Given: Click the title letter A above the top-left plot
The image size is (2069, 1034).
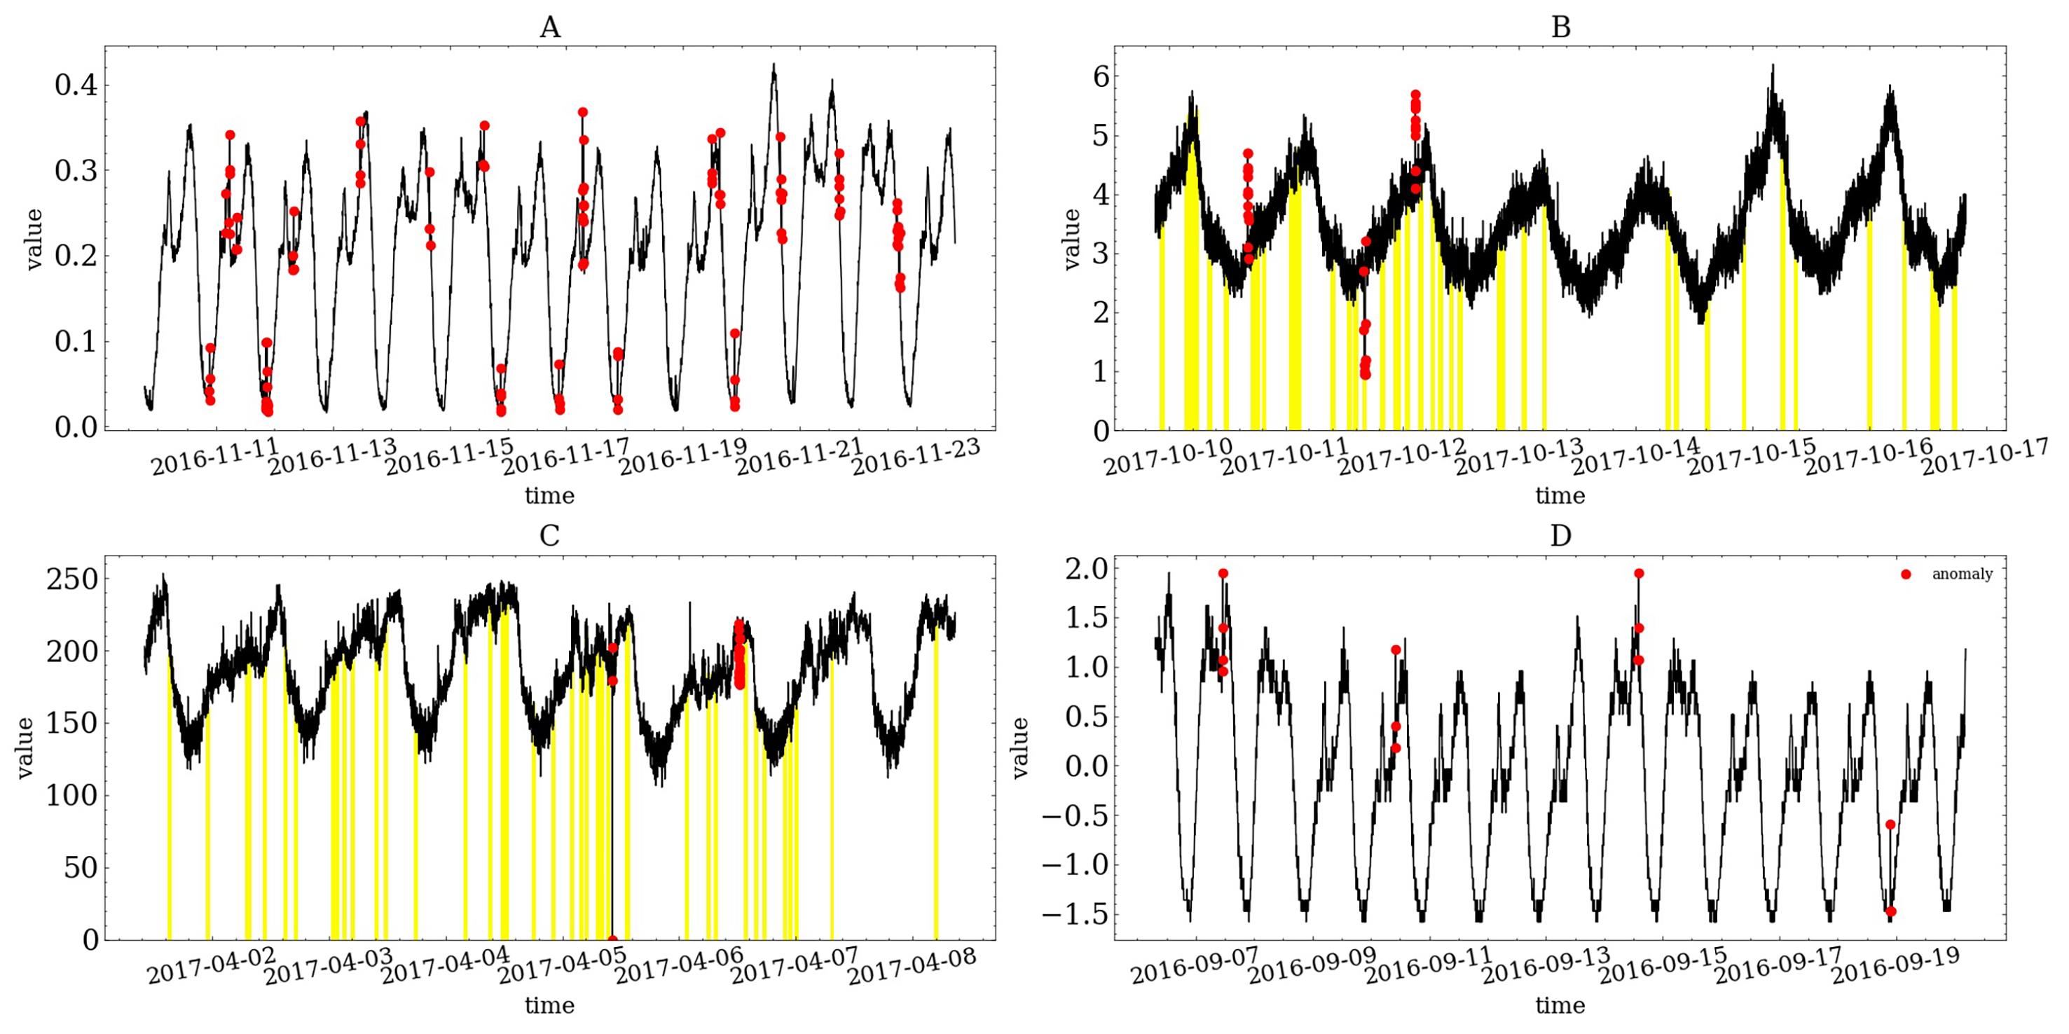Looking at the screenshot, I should pos(549,28).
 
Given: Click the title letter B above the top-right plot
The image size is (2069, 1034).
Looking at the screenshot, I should pos(1560,28).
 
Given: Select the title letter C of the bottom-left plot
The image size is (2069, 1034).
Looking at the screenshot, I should pos(549,535).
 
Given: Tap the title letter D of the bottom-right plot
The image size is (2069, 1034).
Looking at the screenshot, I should pos(1560,535).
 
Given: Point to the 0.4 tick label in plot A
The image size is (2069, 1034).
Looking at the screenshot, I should pos(76,85).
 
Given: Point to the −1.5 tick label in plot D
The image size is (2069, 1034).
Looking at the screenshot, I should pos(1075,915).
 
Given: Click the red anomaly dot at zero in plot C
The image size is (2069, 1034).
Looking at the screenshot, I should pos(613,939).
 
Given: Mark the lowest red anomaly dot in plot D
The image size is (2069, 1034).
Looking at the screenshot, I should pos(1891,911).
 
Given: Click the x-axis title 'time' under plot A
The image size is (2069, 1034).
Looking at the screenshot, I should pos(549,495).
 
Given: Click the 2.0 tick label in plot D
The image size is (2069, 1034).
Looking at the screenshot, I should pos(1087,569).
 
